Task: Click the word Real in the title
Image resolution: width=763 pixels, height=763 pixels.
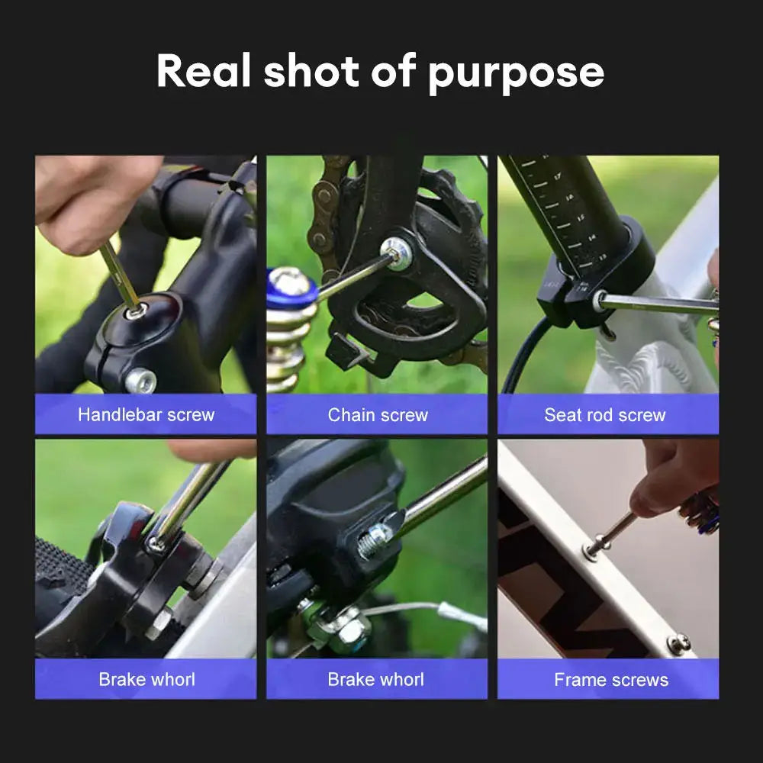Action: tap(204, 72)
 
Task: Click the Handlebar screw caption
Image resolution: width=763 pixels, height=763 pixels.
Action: tap(146, 415)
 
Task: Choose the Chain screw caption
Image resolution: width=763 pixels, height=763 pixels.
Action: tap(378, 415)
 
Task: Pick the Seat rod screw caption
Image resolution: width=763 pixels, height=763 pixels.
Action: tap(605, 415)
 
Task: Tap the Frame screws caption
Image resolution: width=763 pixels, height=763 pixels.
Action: tap(610, 680)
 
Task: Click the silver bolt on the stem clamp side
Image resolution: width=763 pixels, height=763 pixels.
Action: tap(140, 379)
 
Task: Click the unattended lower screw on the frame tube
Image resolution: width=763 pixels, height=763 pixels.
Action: tap(678, 643)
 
